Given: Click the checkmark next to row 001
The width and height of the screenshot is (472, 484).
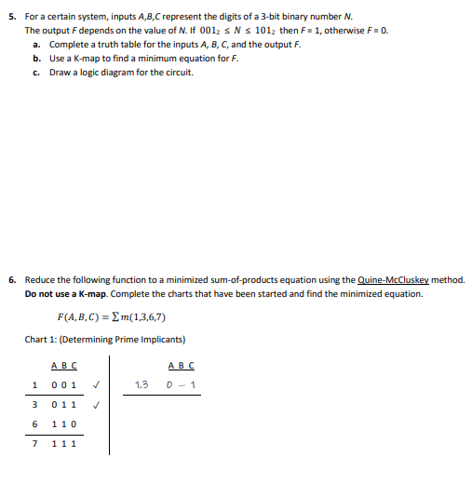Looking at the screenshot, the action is coord(96,384).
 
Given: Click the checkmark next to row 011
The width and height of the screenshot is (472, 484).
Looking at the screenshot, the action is coord(96,405).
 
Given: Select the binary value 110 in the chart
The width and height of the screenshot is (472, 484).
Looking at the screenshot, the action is coord(64,423).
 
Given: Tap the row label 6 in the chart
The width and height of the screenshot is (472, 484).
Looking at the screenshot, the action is coord(34,423).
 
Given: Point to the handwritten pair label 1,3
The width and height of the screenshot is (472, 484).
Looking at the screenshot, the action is coord(142,384).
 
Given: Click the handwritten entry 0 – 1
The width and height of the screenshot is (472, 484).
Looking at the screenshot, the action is coord(182,384).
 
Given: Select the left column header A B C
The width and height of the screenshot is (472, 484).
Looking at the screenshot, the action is coord(64,365).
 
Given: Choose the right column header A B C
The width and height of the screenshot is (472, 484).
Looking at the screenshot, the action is coord(182,365).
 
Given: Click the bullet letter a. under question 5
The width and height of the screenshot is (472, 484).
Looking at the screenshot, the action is coord(35,45).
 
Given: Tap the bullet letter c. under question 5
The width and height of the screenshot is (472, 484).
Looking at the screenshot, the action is coord(35,71).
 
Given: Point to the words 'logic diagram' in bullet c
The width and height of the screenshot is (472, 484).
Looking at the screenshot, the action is coord(105,71).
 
